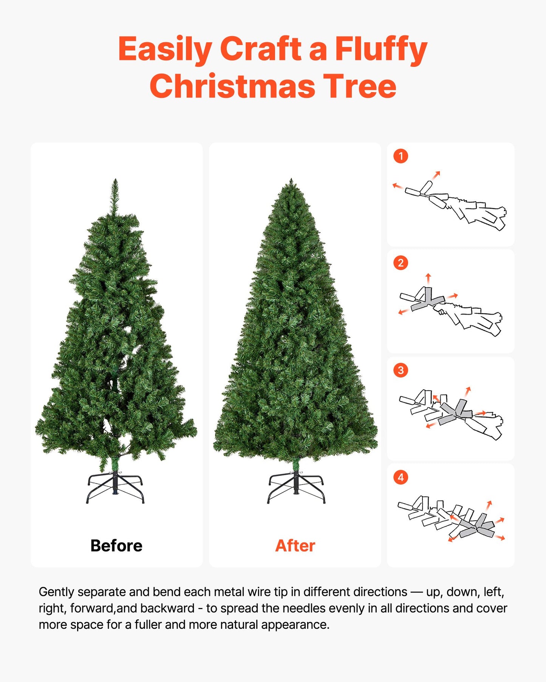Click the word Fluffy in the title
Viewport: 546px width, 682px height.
pos(380,49)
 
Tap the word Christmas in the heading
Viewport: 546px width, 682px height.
pos(232,86)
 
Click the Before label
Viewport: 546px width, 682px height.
pos(116,546)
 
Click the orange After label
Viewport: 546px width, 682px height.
pos(295,546)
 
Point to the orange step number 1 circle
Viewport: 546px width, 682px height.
pos(401,156)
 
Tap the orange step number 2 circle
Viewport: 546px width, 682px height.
pos(401,263)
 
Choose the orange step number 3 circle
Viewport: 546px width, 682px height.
pos(401,370)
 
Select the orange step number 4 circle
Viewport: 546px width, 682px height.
pos(401,477)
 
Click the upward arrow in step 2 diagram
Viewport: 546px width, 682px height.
pos(428,278)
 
